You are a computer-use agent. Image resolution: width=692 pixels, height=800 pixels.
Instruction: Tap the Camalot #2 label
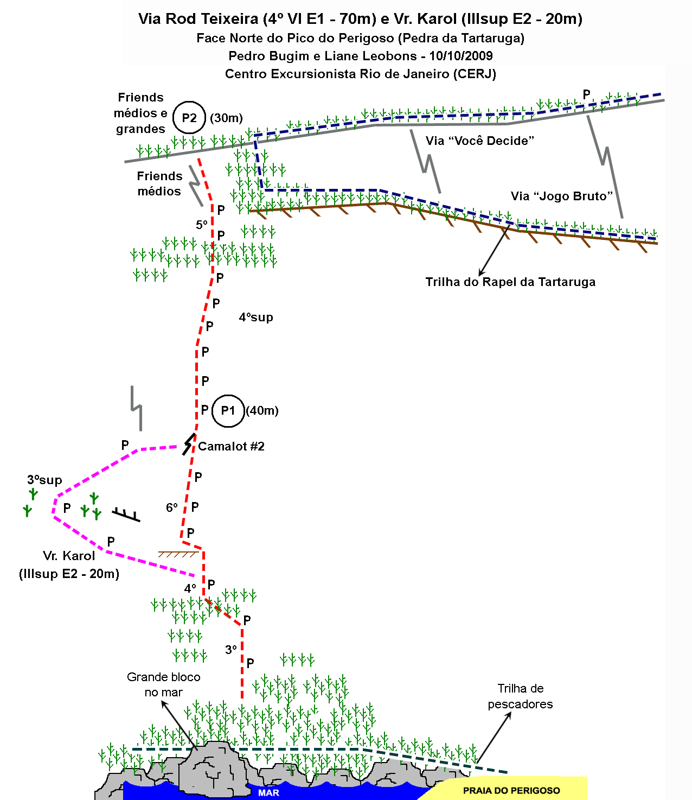(x=232, y=446)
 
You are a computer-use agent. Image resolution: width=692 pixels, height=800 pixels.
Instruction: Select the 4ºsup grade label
(x=256, y=318)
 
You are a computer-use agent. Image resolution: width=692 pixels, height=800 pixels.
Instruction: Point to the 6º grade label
(x=172, y=507)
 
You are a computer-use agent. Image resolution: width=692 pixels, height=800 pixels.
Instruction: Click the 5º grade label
(x=202, y=225)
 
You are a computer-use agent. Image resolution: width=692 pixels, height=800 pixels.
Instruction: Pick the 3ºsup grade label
(x=44, y=480)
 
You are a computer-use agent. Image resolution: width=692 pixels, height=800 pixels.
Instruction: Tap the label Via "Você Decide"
(x=479, y=141)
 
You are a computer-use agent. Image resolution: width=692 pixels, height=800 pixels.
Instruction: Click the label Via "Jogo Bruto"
(x=561, y=196)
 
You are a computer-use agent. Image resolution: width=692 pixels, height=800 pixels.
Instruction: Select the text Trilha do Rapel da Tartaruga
(x=510, y=282)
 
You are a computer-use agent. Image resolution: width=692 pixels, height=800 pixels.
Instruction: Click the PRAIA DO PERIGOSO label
(x=511, y=790)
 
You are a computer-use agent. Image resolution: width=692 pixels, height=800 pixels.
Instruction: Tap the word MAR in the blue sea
(x=268, y=793)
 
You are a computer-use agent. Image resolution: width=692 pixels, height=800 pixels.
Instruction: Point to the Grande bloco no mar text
(x=164, y=684)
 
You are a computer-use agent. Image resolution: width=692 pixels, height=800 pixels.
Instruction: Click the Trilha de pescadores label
(x=520, y=696)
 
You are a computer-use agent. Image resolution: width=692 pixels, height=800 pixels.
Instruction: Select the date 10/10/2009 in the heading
(x=460, y=56)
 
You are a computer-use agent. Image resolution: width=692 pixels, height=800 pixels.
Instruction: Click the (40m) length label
(x=262, y=410)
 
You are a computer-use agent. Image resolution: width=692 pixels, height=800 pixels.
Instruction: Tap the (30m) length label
(x=226, y=118)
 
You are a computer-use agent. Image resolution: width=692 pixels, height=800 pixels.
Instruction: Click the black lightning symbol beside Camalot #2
(x=189, y=444)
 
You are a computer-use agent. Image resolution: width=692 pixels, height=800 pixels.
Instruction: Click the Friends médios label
(x=159, y=183)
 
